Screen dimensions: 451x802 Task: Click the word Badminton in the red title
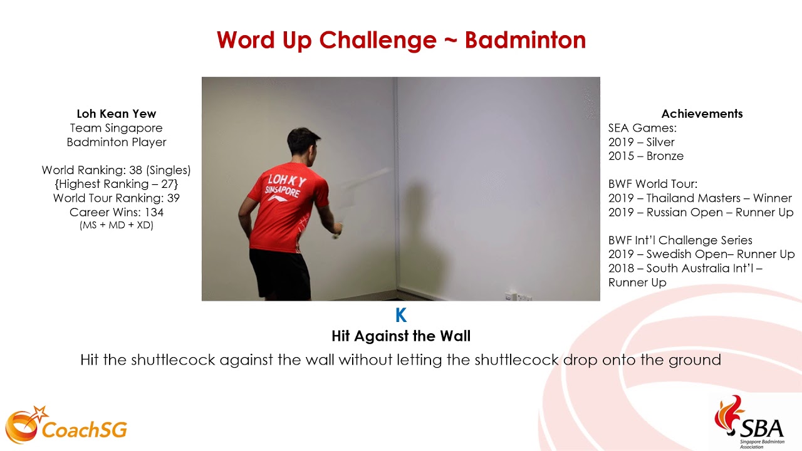[525, 41]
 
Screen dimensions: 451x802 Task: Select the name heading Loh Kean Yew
[116, 114]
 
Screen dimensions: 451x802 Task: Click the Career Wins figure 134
[154, 212]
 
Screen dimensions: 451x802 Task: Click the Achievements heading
[702, 114]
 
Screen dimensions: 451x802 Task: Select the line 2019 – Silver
[641, 142]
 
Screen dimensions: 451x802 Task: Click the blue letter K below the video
[401, 316]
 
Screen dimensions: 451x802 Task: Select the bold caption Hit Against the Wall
[401, 336]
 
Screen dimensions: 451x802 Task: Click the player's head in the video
[304, 143]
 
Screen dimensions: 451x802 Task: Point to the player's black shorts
[279, 274]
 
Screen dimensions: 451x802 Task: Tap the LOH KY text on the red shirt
[286, 182]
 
